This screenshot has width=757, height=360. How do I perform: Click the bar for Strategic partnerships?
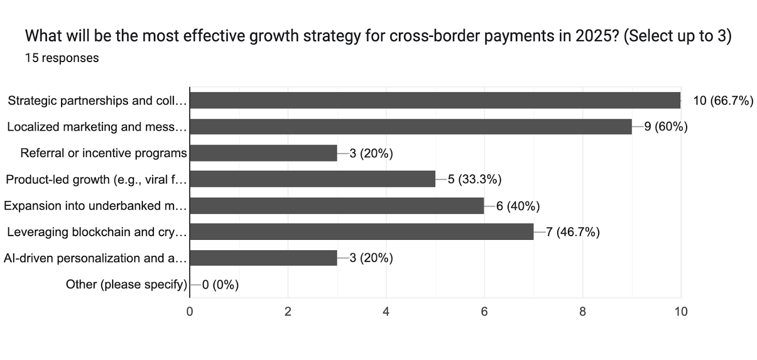(x=435, y=100)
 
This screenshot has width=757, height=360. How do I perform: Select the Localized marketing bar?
(x=411, y=127)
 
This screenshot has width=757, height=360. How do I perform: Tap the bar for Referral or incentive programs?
(x=263, y=153)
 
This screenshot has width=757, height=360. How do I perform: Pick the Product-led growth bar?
(x=312, y=179)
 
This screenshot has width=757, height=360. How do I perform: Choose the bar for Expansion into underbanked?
(x=337, y=206)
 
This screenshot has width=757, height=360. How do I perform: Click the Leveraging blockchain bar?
(x=361, y=232)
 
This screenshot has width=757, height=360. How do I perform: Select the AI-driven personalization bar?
(x=263, y=258)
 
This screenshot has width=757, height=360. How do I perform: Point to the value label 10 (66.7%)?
(x=723, y=100)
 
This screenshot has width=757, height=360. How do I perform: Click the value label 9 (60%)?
(x=666, y=127)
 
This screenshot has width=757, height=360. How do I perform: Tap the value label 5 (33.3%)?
(x=475, y=179)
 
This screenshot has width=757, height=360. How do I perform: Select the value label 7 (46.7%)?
(x=573, y=232)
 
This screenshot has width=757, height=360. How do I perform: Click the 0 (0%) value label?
(x=220, y=284)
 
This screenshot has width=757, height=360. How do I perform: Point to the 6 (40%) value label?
(x=518, y=206)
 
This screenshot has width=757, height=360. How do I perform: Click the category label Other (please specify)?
(x=126, y=284)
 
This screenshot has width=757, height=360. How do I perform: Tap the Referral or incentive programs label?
(x=104, y=153)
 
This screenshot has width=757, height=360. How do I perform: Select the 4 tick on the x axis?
(x=386, y=312)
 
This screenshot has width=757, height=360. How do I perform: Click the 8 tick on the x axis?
(x=582, y=312)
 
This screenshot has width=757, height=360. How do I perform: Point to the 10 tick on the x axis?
(x=681, y=312)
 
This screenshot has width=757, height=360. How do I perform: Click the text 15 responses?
(x=62, y=58)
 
